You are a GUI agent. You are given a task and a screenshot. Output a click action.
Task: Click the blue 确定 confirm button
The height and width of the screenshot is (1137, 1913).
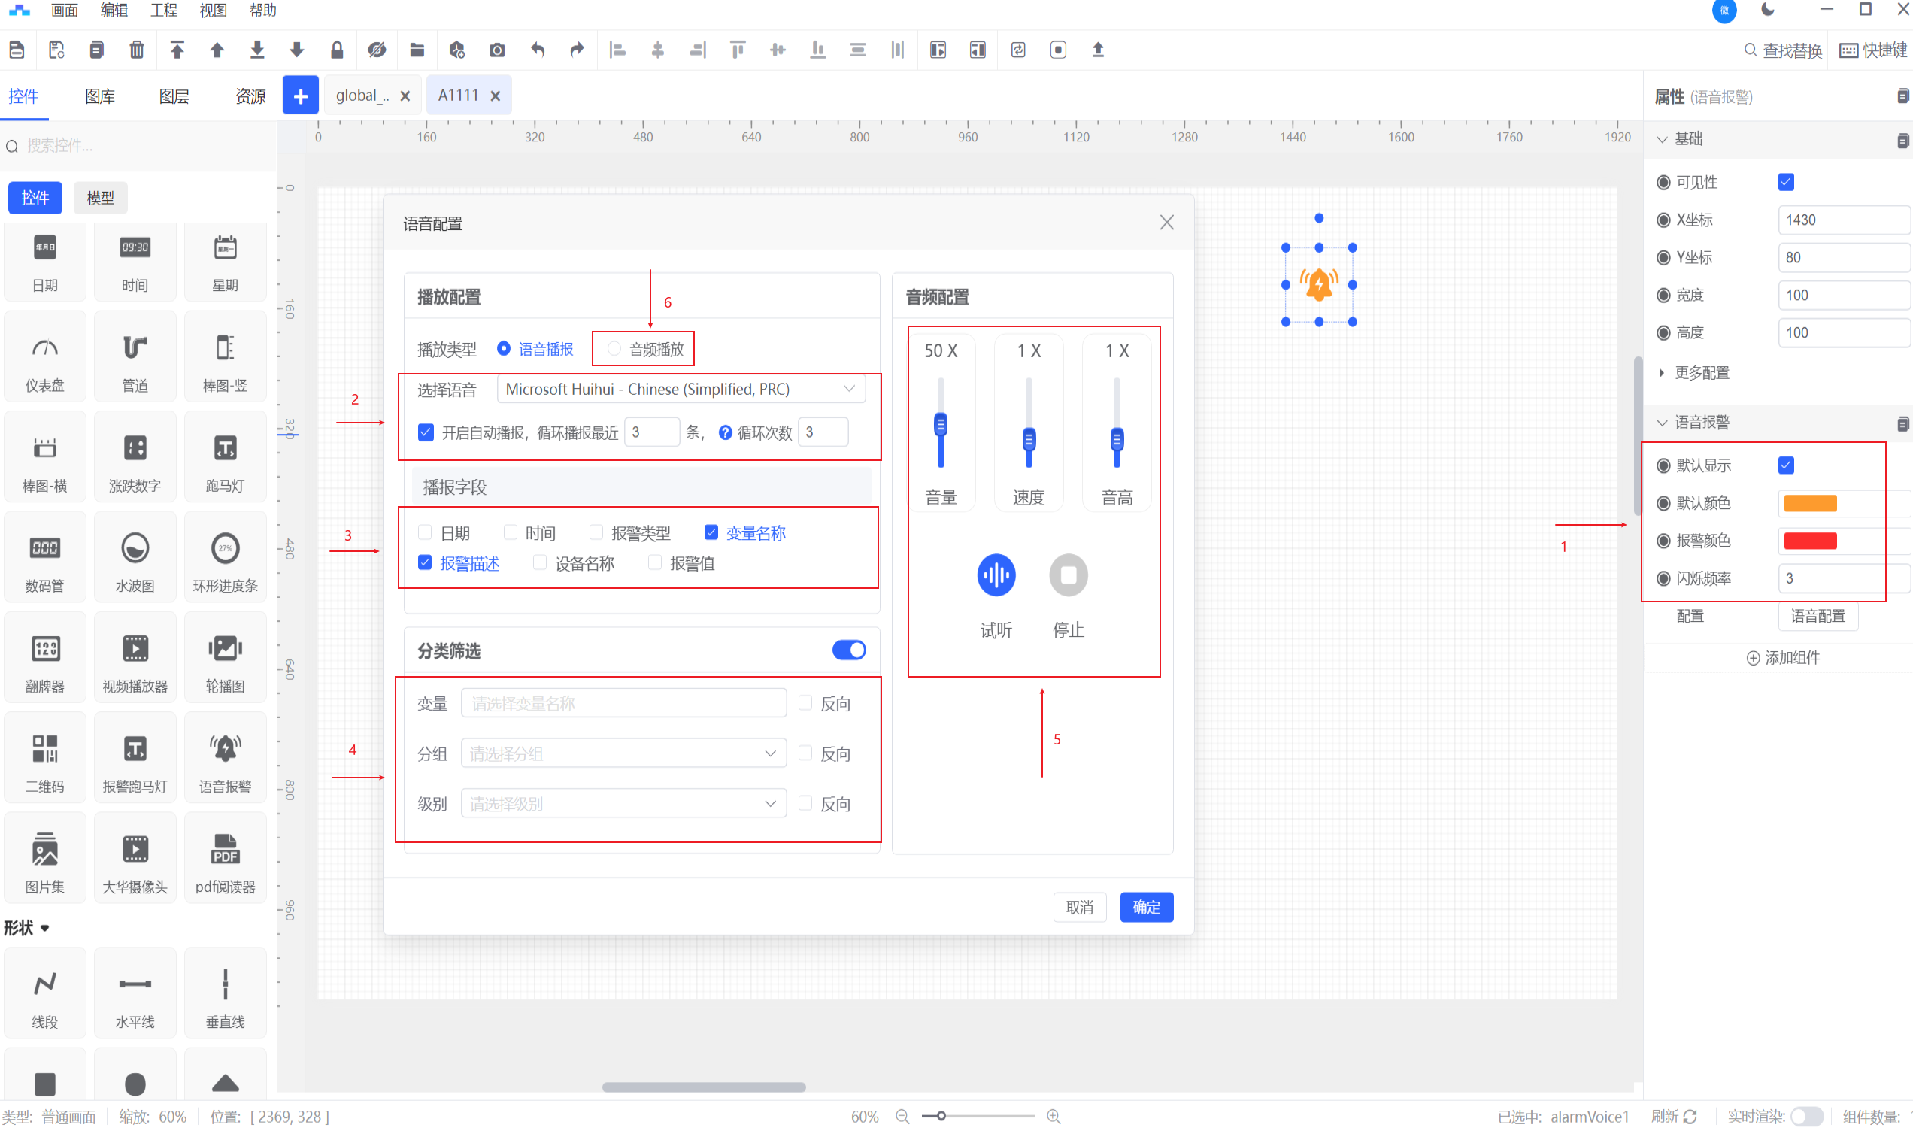pos(1146,907)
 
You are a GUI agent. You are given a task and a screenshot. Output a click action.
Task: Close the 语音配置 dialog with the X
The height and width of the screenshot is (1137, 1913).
pos(1166,222)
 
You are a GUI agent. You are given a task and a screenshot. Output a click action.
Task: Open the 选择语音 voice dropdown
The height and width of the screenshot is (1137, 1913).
pos(681,390)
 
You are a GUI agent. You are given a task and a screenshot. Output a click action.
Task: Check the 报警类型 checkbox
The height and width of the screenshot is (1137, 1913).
pos(596,532)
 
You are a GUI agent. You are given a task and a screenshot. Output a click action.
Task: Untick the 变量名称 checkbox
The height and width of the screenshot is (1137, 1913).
pos(711,532)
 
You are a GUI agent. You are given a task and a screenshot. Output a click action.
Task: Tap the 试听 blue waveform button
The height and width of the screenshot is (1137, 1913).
pos(996,575)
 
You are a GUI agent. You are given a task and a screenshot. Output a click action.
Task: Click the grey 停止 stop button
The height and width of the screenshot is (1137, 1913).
pos(1068,575)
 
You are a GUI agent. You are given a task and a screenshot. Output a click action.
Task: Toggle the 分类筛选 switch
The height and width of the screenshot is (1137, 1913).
pos(849,650)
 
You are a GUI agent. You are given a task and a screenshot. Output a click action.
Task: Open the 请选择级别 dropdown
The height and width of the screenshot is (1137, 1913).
pos(623,804)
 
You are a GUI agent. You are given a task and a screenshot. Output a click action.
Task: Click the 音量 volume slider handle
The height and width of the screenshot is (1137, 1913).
pos(940,424)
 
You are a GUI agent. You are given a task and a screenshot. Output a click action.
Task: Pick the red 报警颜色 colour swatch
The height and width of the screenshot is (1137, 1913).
pos(1809,541)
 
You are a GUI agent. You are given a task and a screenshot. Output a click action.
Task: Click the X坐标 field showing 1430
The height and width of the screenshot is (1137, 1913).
pos(1842,220)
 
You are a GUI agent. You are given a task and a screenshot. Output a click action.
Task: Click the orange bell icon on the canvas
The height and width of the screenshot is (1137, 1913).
pos(1318,284)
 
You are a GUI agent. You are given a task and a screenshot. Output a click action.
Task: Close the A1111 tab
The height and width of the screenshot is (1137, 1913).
pos(496,96)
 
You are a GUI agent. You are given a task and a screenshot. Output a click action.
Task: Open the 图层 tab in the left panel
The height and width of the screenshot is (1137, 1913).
pos(174,96)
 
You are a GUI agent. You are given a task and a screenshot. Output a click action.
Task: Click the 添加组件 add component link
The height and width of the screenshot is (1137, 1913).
pos(1783,657)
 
